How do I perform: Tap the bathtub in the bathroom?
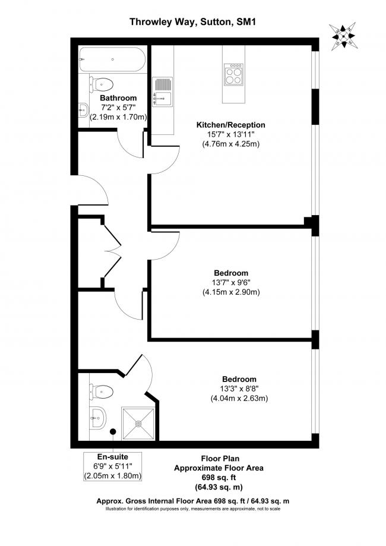click(112, 59)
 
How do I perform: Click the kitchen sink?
click(162, 98)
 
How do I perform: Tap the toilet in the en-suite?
click(102, 390)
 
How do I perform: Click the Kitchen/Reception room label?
click(231, 125)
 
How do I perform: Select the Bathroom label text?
click(118, 98)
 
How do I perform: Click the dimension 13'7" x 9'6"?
click(231, 282)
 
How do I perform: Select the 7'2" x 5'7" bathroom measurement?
click(118, 108)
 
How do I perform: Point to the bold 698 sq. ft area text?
click(218, 478)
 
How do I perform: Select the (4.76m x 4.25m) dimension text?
click(231, 144)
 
